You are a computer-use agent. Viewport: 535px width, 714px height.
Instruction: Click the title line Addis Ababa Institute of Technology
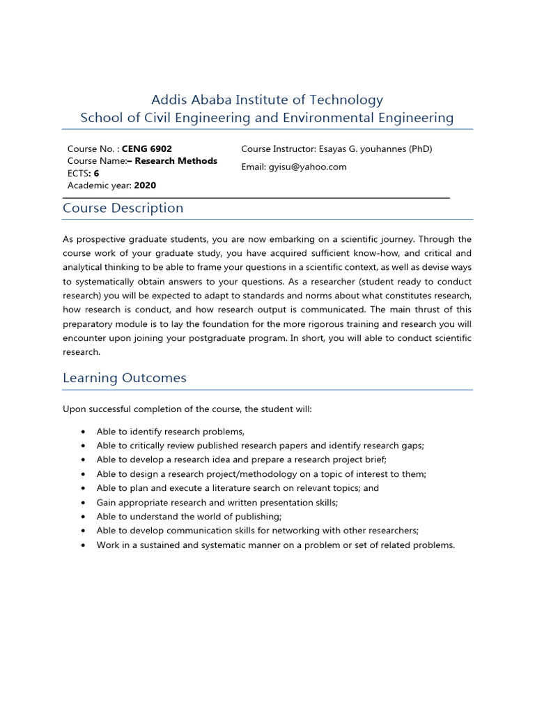[267, 100]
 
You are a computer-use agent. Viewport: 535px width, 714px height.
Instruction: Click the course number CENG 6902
[147, 149]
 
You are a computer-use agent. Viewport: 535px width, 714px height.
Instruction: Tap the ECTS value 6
[97, 174]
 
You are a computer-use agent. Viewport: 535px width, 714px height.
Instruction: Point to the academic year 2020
[145, 185]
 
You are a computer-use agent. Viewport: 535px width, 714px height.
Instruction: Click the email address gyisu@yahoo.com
[307, 167]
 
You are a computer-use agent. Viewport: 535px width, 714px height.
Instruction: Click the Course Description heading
[123, 208]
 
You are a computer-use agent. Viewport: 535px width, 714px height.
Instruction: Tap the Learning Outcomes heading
[125, 378]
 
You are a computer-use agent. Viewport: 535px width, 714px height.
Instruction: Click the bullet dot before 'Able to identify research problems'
[84, 432]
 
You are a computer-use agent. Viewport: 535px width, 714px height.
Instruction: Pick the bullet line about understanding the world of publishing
[189, 517]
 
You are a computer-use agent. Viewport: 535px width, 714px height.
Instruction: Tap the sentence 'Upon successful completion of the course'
[187, 409]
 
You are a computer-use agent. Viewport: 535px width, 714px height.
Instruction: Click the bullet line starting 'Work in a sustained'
[275, 545]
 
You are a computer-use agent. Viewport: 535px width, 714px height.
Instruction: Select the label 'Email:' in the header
[254, 167]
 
